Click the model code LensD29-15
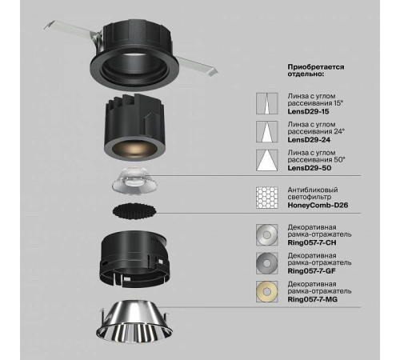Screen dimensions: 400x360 308,111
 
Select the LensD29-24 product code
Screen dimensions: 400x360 309,140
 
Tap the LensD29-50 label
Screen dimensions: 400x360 310,168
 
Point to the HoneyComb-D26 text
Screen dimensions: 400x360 318,206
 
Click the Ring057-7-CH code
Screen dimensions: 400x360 312,242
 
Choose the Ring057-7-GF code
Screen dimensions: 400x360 311,271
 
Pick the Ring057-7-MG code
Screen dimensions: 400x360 312,299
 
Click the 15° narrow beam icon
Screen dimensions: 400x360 266,104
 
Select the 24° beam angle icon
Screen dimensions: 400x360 266,132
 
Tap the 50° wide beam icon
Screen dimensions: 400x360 266,160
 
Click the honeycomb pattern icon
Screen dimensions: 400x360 266,198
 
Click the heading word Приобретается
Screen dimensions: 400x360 316,67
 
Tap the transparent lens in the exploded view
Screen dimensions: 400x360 134,180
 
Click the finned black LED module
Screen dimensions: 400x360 134,128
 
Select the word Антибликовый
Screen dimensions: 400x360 313,190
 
